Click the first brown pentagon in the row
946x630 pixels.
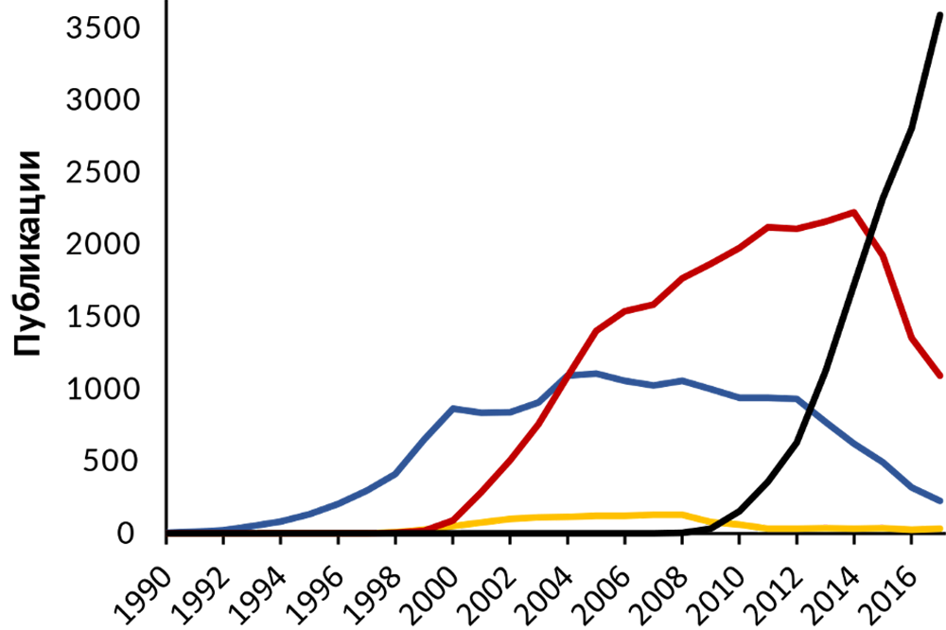(188, 547)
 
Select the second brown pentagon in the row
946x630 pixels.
(245, 547)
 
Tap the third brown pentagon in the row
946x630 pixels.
(302, 547)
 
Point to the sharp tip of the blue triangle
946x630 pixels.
(170, 528)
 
